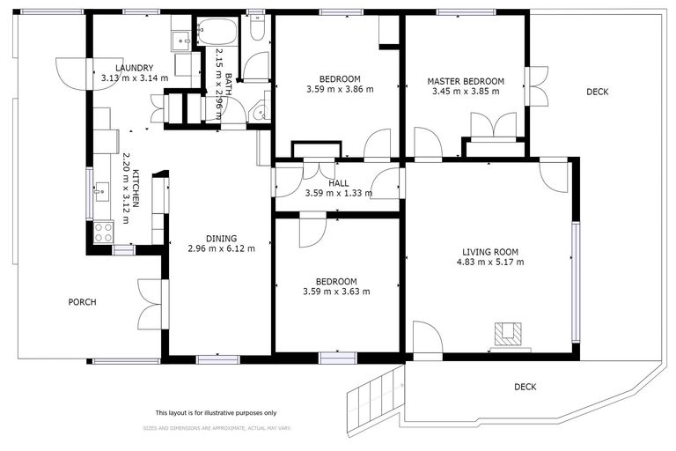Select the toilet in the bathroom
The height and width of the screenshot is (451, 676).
coord(259,28)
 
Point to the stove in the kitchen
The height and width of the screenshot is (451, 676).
coord(103,232)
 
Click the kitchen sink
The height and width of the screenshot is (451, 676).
coord(101,189)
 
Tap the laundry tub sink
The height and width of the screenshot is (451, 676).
coord(180,38)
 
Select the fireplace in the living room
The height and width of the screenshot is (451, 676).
coord(508,334)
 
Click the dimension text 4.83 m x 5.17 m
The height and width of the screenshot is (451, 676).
coord(493,262)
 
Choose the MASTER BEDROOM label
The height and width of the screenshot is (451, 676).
coord(466,81)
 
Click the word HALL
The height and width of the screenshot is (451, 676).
coord(339,183)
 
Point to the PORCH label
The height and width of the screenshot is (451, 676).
coord(82,302)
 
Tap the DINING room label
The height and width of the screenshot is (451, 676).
coord(221,238)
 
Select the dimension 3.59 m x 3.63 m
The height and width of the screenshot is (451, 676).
coord(335,292)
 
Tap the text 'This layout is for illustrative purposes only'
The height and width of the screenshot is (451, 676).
coord(216,412)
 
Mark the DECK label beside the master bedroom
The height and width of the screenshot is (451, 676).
coord(598,92)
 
